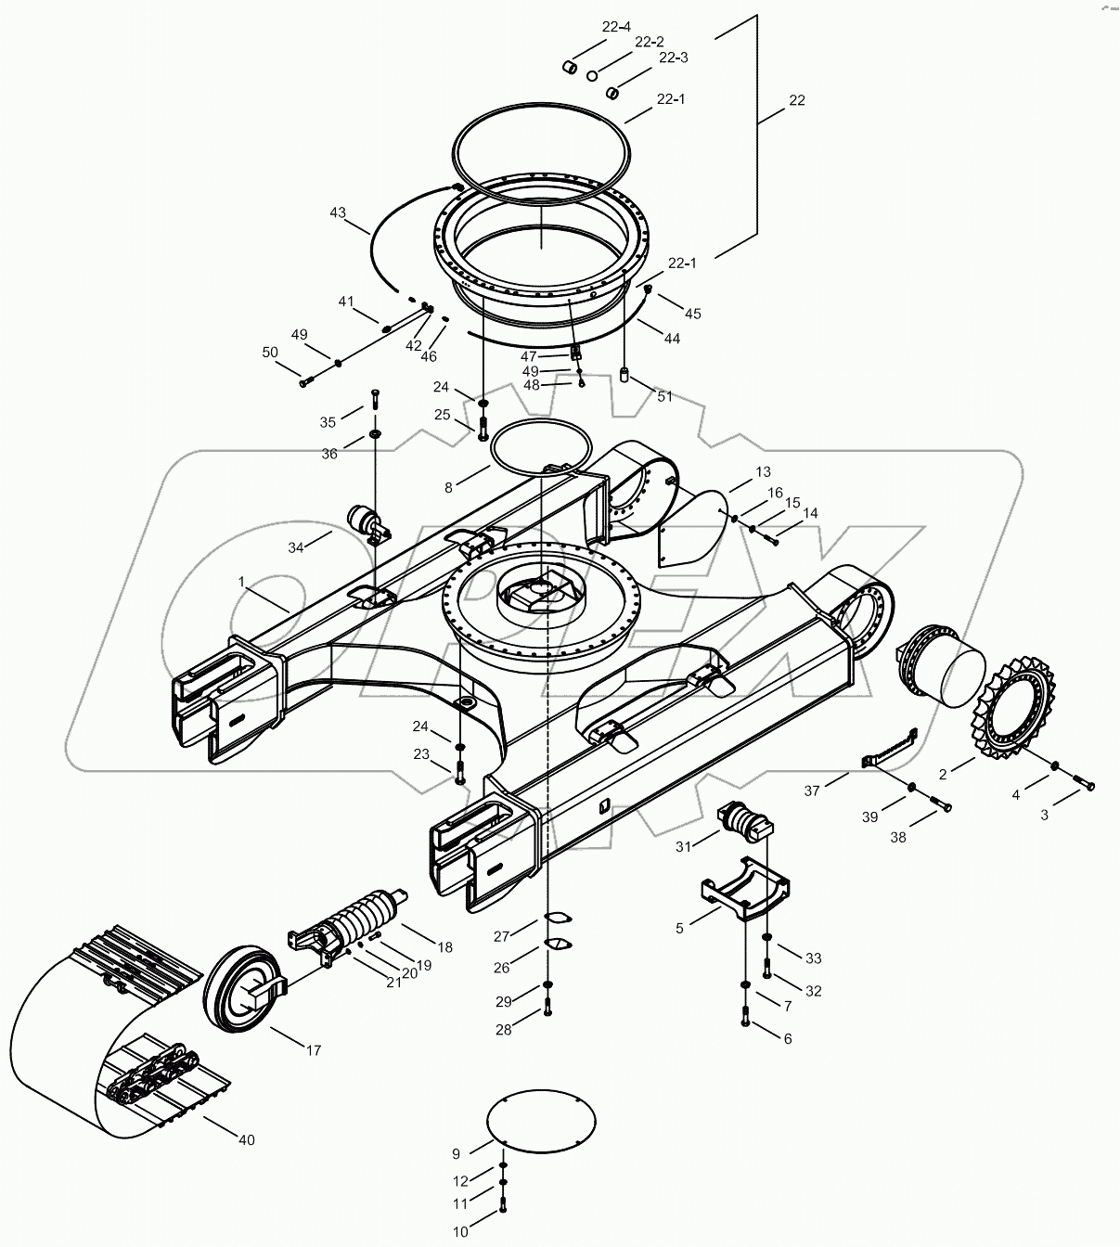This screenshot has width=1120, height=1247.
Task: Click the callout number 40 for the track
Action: pyautogui.click(x=245, y=1139)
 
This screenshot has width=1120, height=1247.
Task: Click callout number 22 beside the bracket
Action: pyautogui.click(x=796, y=100)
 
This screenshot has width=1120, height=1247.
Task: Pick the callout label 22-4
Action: pyautogui.click(x=615, y=27)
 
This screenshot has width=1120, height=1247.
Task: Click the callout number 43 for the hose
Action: pyautogui.click(x=337, y=213)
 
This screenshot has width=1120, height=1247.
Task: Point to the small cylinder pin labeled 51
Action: pyautogui.click(x=624, y=377)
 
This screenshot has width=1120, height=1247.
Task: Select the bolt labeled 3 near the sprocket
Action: pyautogui.click(x=1084, y=786)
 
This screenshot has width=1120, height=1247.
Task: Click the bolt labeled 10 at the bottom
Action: pyautogui.click(x=503, y=1207)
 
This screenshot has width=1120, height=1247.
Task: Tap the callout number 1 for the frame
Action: pyautogui.click(x=242, y=581)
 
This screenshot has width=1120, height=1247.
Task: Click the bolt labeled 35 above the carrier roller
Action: pyautogui.click(x=375, y=399)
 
